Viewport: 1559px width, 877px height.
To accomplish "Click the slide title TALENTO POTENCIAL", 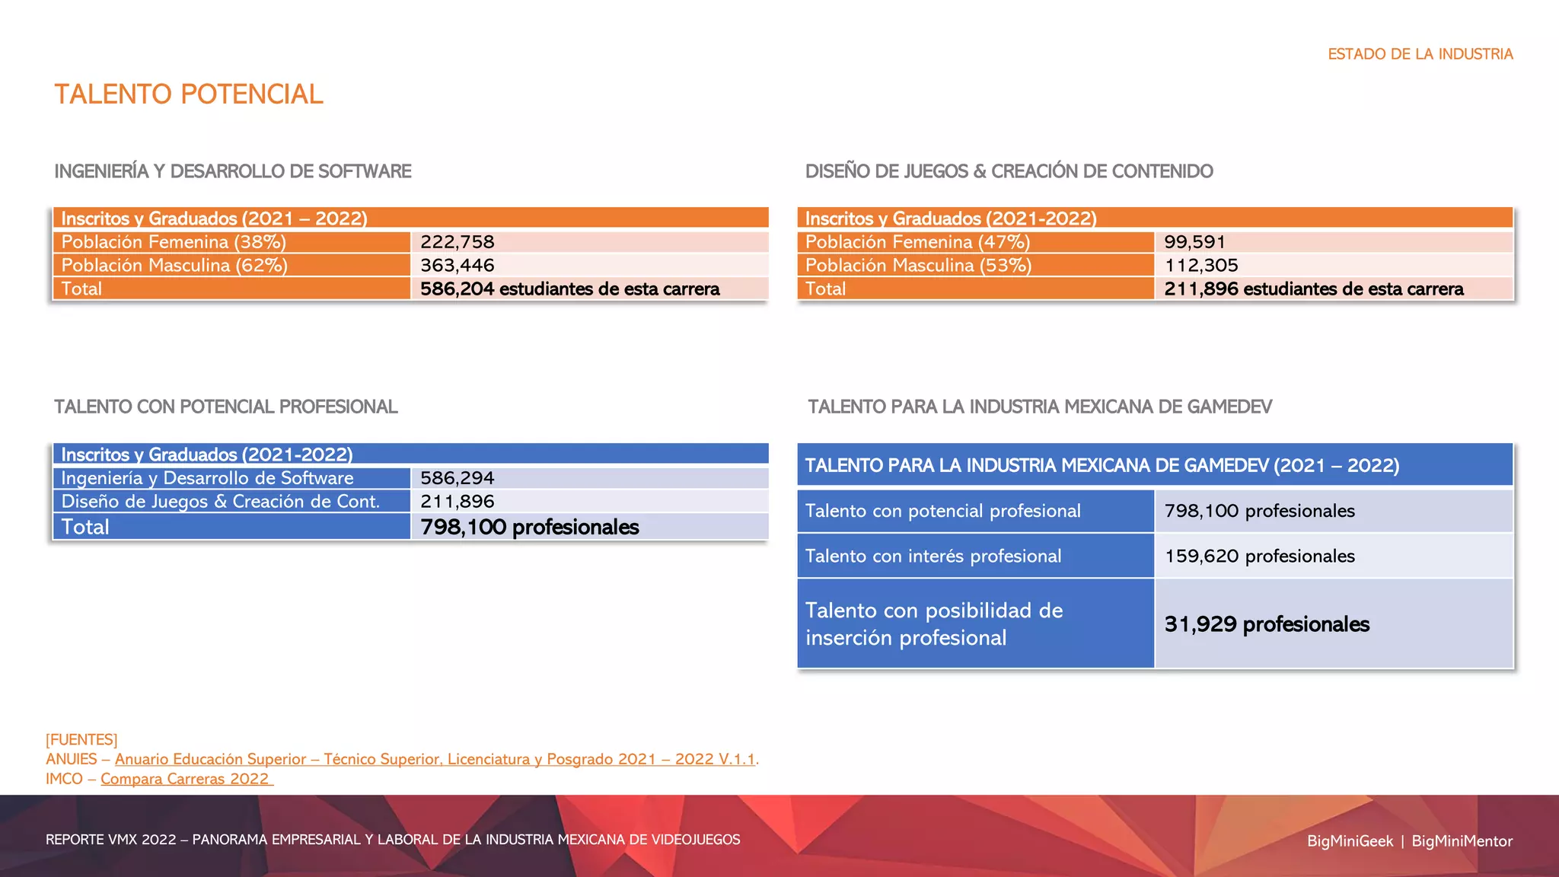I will pyautogui.click(x=189, y=94).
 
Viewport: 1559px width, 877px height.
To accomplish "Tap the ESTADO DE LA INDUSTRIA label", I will pyautogui.click(x=1420, y=54).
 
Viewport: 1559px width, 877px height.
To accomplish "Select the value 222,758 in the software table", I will pyautogui.click(x=457, y=242).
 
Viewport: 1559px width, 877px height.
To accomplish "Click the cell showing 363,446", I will pyautogui.click(x=457, y=266).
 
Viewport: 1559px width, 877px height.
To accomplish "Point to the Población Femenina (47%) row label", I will pyautogui.click(x=917, y=242).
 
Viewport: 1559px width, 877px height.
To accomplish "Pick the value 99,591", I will pyautogui.click(x=1194, y=242).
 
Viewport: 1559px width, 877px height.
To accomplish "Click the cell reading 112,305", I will pyautogui.click(x=1201, y=266).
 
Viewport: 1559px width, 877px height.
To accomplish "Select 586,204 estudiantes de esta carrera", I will pyautogui.click(x=569, y=289).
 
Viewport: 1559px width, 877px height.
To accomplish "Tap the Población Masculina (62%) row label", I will pyautogui.click(x=174, y=266).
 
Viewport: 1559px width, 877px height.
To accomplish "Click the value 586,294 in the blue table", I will pyautogui.click(x=457, y=478).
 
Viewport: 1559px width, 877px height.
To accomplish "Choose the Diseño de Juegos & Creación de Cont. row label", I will pyautogui.click(x=220, y=502).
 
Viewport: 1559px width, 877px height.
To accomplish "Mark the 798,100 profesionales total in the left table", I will pyautogui.click(x=529, y=527).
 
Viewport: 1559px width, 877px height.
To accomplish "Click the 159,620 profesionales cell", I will pyautogui.click(x=1259, y=556).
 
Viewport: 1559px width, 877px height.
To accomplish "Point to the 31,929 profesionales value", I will pyautogui.click(x=1267, y=624).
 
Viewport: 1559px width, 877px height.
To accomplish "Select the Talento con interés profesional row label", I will pyautogui.click(x=933, y=556).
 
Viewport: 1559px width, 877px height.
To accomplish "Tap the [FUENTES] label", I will pyautogui.click(x=81, y=739).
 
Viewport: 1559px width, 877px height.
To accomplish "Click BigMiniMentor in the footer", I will pyautogui.click(x=1462, y=841).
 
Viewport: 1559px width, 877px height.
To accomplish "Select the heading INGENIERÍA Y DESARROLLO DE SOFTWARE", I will pyautogui.click(x=233, y=171).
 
